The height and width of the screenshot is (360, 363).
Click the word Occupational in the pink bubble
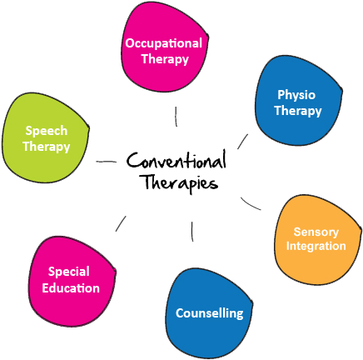[163, 42]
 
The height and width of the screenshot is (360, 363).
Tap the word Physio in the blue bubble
[296, 94]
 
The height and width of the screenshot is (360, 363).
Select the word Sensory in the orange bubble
[316, 231]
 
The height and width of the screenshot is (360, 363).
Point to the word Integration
[316, 246]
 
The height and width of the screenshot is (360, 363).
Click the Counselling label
[209, 313]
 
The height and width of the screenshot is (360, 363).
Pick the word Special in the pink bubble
[69, 272]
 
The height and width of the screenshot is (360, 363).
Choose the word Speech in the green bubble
[47, 131]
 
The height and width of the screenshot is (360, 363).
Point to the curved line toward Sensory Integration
[251, 202]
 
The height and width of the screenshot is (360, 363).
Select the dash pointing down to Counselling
[193, 231]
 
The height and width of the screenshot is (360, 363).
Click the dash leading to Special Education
[122, 222]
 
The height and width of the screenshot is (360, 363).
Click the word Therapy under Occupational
[163, 59]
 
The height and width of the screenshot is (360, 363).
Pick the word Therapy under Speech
[47, 147]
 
